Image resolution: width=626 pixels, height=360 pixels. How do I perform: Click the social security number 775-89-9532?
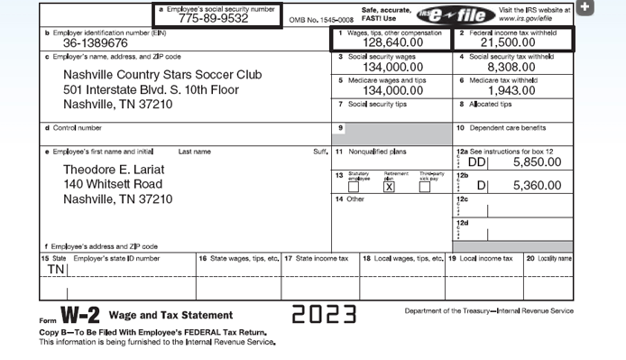pyautogui.click(x=214, y=18)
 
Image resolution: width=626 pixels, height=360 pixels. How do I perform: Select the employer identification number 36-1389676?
pyautogui.click(x=89, y=43)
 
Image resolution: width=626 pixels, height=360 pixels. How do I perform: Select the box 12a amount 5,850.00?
pyautogui.click(x=536, y=162)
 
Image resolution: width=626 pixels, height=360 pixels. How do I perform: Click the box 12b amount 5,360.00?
pyautogui.click(x=536, y=186)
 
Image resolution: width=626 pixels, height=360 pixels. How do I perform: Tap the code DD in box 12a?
pyautogui.click(x=477, y=162)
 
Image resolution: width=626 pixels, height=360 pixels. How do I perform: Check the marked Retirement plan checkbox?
pyautogui.click(x=390, y=186)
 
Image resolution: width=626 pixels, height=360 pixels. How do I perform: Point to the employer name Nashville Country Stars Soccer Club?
pyautogui.click(x=162, y=75)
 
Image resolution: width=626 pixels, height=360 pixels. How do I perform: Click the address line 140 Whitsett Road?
pyautogui.click(x=114, y=184)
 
